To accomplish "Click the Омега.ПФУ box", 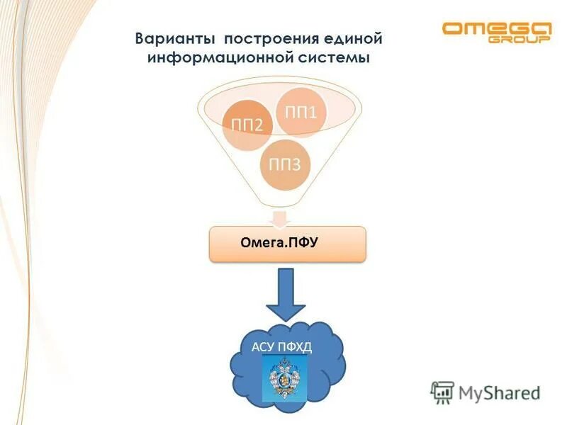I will click(287, 244).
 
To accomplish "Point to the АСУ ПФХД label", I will click(281, 346).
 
